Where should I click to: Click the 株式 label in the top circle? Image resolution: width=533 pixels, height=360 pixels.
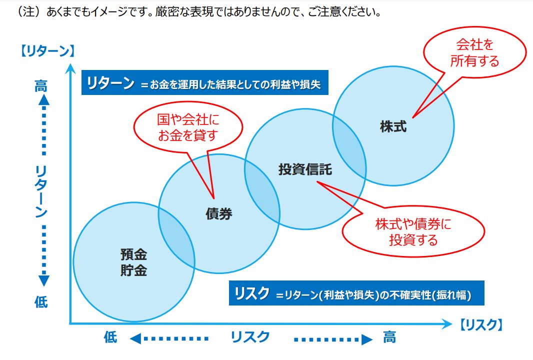(393, 126)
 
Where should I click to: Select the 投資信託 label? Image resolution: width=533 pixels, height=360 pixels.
(305, 169)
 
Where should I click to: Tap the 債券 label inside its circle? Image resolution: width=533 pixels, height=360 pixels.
(219, 214)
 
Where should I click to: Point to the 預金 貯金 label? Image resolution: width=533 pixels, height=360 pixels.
(133, 262)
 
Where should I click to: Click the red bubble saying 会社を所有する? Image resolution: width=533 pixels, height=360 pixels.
(474, 52)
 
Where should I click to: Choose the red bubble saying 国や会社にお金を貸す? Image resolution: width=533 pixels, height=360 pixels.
(188, 127)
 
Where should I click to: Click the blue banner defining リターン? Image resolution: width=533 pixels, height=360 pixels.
(205, 82)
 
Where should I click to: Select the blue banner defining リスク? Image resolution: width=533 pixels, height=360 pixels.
(356, 293)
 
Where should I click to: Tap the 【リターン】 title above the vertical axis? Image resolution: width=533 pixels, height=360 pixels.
(47, 51)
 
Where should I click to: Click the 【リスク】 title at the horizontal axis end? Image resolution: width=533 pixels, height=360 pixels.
(481, 324)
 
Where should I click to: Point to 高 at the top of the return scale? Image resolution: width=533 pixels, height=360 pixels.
(41, 86)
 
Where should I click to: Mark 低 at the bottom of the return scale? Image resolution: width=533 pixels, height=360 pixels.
(41, 301)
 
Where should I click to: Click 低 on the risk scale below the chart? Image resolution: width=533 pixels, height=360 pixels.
(110, 337)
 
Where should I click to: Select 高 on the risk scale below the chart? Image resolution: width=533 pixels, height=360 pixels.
(389, 337)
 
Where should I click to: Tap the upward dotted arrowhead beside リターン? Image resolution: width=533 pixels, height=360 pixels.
(43, 99)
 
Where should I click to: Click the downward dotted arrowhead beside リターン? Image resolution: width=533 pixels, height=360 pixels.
(43, 281)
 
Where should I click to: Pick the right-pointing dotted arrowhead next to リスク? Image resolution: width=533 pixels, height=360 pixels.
(367, 339)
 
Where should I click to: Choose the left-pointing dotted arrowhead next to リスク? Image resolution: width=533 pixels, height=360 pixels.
(135, 338)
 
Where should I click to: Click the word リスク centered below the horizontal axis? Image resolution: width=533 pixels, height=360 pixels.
(250, 337)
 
